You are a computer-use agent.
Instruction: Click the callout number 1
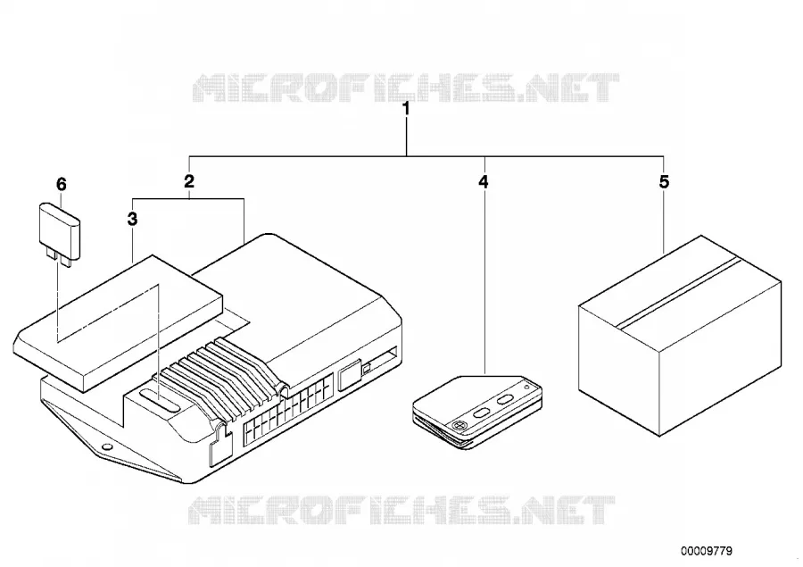[407, 109]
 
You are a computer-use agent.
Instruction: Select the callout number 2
[189, 181]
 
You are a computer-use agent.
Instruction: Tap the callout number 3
[132, 220]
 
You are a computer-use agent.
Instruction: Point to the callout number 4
[484, 181]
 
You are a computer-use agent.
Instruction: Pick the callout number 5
[664, 181]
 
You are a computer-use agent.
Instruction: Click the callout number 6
[62, 184]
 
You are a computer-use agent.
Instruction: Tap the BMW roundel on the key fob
[459, 424]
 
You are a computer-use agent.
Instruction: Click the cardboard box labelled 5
[680, 336]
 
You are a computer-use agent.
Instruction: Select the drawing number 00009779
[707, 551]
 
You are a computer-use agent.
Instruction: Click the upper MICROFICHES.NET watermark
[406, 88]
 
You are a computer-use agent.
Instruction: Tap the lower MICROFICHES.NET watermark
[401, 511]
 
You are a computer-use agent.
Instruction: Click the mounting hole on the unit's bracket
[107, 446]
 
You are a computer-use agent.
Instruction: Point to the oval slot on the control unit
[160, 398]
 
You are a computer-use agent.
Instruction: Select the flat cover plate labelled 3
[118, 323]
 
